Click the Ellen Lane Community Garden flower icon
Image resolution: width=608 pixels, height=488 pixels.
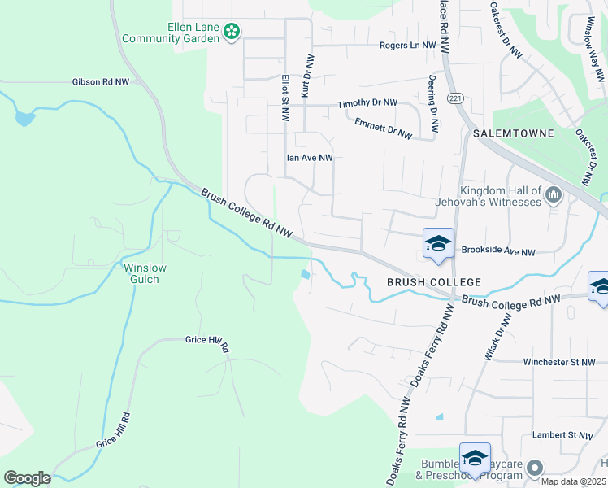pos(232,31)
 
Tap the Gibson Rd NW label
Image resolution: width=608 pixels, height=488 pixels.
pos(101,82)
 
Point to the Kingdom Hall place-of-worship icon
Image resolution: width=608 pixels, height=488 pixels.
pos(554,194)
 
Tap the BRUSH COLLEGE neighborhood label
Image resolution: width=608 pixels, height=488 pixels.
pos(434,282)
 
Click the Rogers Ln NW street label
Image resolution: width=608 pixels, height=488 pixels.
pos(408,46)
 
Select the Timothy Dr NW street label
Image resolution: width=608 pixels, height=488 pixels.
pos(367,104)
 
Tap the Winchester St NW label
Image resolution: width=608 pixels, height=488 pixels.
pos(560,362)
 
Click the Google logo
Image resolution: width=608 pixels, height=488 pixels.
pos(27,478)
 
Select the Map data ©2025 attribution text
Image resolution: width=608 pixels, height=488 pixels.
pos(574,481)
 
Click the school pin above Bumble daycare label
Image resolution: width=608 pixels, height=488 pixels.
pos(474,458)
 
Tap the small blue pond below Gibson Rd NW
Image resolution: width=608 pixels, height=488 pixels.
pos(25,119)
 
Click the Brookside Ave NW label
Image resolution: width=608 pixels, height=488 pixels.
pos(499,252)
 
